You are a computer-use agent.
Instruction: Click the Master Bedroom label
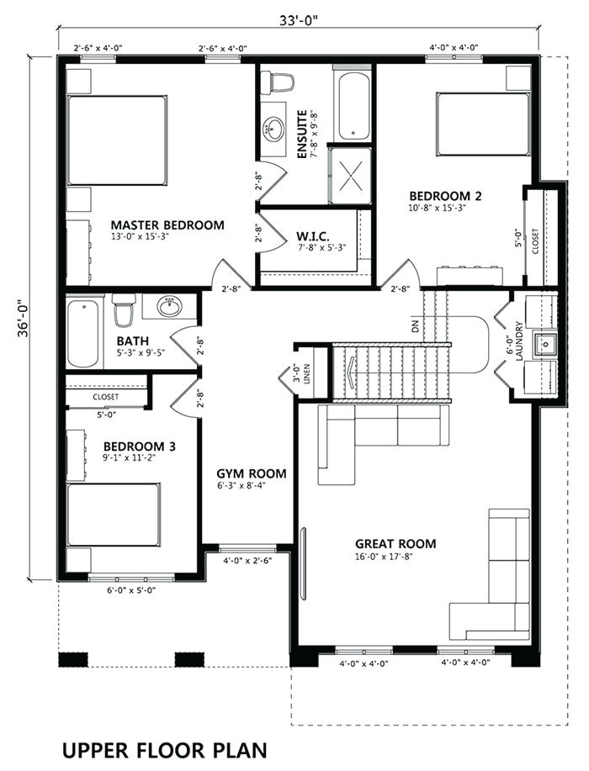(167, 225)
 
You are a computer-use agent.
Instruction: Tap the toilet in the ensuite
(277, 82)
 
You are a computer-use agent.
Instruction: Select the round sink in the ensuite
(273, 129)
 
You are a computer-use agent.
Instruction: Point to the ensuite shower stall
(350, 174)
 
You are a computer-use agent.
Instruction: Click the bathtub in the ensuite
(353, 106)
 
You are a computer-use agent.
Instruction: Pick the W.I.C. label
(313, 235)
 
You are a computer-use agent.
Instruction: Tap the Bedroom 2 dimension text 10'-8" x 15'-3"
(438, 208)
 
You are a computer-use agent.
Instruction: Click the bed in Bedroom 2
(483, 125)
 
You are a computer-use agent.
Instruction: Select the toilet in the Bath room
(123, 309)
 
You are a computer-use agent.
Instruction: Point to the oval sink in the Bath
(169, 307)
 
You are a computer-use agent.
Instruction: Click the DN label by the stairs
(416, 325)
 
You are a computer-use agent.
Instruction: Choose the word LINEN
(307, 373)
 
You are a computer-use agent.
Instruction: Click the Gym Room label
(252, 474)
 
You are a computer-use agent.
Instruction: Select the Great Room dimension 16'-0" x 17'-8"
(384, 556)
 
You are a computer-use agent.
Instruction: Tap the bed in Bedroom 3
(114, 515)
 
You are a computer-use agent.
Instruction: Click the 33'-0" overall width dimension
(300, 20)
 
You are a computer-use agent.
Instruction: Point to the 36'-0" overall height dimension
(23, 319)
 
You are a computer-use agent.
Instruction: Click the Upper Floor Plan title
(165, 750)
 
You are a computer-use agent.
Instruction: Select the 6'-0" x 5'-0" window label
(131, 590)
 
